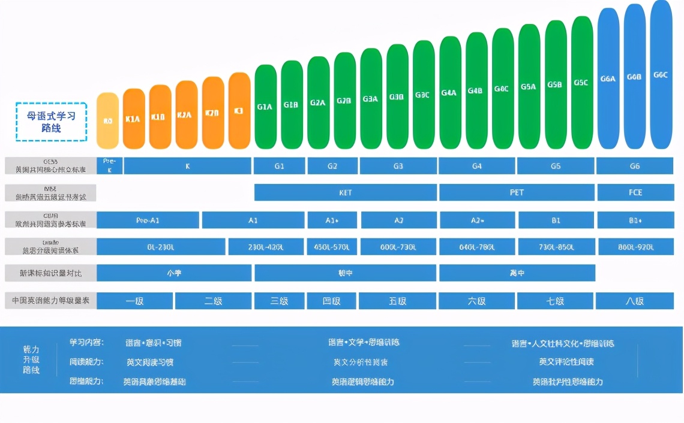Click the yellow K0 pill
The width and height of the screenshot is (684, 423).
pos(108,120)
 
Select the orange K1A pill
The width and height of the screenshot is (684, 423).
pos(134,118)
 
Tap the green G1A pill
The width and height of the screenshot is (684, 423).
pos(265,107)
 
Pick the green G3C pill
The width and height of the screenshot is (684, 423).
pos(422,95)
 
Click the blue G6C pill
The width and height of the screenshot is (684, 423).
pos(661,74)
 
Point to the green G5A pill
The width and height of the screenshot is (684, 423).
pos(529,86)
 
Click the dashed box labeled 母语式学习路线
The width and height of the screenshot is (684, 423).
pos(52,122)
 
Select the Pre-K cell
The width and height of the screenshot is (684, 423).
pos(109,165)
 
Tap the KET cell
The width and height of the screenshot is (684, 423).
pos(346,192)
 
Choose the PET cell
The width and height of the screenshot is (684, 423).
pos(517,192)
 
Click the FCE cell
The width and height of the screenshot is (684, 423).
pos(635,192)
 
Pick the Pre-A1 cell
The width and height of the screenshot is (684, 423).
pos(148,220)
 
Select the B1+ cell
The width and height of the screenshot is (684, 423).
pos(635,220)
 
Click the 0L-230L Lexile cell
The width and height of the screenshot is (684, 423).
pos(161,247)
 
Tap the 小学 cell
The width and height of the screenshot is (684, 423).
pos(174,273)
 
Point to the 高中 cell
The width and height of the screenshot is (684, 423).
pos(517,273)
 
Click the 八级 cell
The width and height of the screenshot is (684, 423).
pos(635,301)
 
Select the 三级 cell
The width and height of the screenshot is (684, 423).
pos(279,301)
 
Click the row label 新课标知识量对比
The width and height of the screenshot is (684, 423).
pos(51,273)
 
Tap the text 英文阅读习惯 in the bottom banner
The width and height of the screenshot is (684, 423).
pos(150,362)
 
